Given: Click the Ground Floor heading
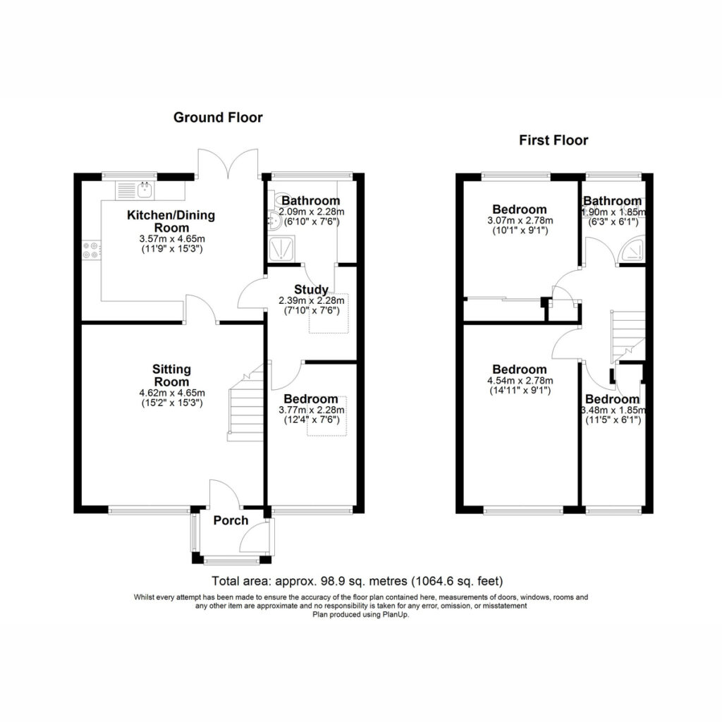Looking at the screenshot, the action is (x=218, y=118).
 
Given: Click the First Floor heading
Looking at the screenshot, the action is (x=553, y=140).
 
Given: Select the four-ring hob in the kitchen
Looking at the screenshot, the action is (x=91, y=250).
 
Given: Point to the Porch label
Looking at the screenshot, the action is (x=231, y=521).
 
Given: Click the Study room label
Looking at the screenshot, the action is (x=311, y=290).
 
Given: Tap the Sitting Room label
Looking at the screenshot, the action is (x=172, y=375).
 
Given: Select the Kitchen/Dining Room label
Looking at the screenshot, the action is (x=171, y=221).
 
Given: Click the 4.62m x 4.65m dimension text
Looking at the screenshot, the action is (x=172, y=393).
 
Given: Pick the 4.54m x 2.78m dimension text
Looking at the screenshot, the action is (x=520, y=381).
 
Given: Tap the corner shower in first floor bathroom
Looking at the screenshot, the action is (x=632, y=252).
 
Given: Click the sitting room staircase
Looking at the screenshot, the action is (x=245, y=403).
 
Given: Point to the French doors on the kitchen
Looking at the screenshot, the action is (x=228, y=164).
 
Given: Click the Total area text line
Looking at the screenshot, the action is (x=357, y=581).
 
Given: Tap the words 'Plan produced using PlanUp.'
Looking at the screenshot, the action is (x=360, y=614).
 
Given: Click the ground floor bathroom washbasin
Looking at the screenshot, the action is (x=274, y=221).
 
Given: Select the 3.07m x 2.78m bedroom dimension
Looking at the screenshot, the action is (x=520, y=221).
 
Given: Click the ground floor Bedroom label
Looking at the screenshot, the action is (x=311, y=399).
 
